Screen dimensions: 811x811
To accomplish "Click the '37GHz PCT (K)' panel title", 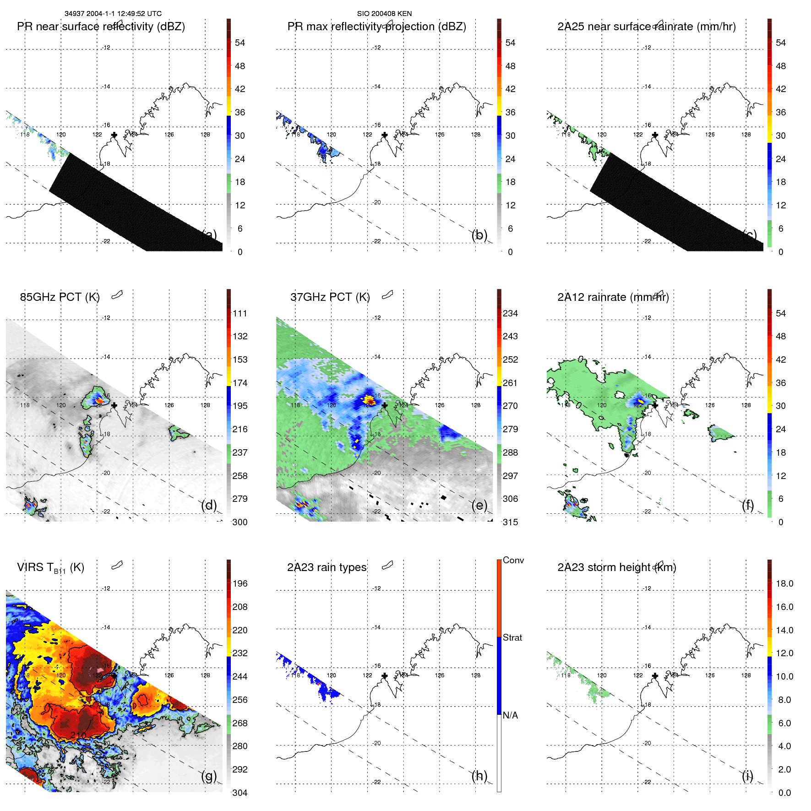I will (330, 297).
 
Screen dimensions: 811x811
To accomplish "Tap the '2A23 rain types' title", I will (327, 567).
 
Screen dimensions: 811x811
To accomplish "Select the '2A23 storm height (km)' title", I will (616, 567).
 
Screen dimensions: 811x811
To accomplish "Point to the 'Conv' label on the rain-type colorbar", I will (513, 560).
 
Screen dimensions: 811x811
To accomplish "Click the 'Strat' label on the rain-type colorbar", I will (512, 637).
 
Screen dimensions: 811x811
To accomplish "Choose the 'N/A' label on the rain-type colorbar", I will (510, 715).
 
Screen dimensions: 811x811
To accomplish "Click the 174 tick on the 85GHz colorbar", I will (239, 383).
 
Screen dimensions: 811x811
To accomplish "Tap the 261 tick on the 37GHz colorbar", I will (510, 383).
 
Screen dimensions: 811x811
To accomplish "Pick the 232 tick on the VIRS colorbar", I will (239, 653).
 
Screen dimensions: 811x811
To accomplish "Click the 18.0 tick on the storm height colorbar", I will (784, 583).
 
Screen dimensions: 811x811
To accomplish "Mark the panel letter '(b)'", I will (479, 235).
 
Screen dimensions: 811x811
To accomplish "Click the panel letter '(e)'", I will (479, 505).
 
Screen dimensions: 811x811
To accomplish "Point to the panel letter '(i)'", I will (747, 776).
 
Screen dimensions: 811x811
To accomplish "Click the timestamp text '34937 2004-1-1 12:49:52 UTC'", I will (113, 14).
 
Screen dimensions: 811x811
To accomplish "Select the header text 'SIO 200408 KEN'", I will (384, 14).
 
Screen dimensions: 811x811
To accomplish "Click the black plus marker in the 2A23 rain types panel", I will (385, 676).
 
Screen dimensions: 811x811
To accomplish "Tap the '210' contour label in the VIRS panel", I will (78, 735).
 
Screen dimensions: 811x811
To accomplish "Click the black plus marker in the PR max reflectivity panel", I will (385, 135).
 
